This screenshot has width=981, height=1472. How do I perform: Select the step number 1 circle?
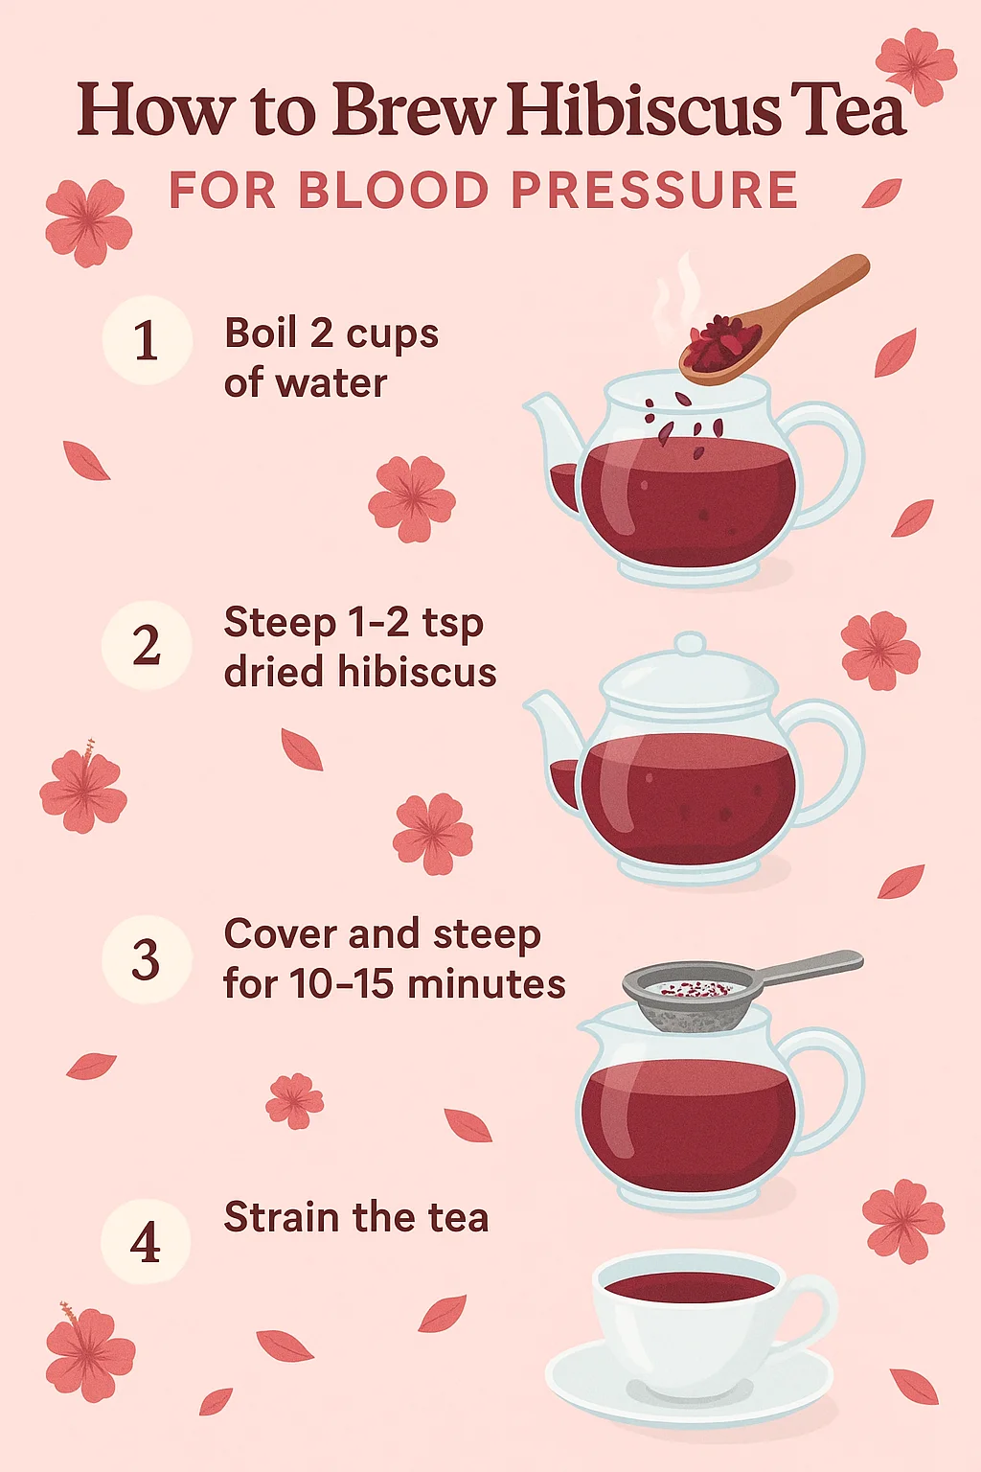tap(148, 340)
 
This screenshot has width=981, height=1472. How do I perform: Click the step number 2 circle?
tap(147, 645)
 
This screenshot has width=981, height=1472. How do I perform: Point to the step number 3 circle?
tap(147, 959)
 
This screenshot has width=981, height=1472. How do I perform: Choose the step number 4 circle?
tap(146, 1242)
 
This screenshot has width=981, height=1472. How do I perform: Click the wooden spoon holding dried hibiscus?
tap(773, 321)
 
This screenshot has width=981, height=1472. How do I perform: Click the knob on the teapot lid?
tap(690, 644)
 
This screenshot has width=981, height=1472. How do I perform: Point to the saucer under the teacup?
tap(690, 1382)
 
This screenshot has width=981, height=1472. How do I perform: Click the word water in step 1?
tap(331, 383)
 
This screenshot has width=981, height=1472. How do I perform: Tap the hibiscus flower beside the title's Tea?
tap(917, 66)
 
